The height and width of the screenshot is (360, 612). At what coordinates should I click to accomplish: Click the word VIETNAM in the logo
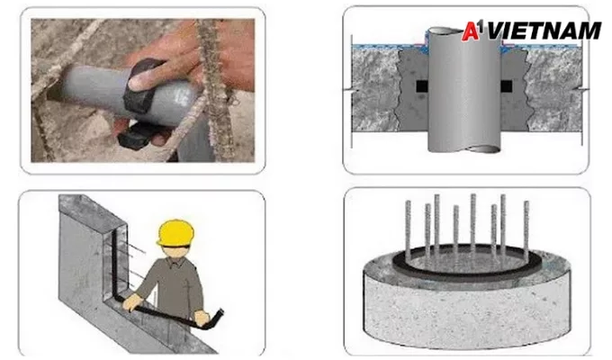click(544, 31)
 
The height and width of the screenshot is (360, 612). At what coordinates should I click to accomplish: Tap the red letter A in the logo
click(471, 31)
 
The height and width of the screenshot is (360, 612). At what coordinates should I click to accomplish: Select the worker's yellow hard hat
click(176, 233)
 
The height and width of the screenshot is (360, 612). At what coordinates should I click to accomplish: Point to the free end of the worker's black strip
click(220, 312)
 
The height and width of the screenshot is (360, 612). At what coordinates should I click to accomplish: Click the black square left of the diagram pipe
click(421, 86)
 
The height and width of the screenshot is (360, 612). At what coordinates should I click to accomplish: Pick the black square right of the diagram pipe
click(506, 86)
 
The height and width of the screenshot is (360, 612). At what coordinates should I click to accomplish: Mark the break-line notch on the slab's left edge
click(347, 90)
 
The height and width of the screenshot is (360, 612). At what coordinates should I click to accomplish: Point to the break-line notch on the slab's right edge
click(583, 90)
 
